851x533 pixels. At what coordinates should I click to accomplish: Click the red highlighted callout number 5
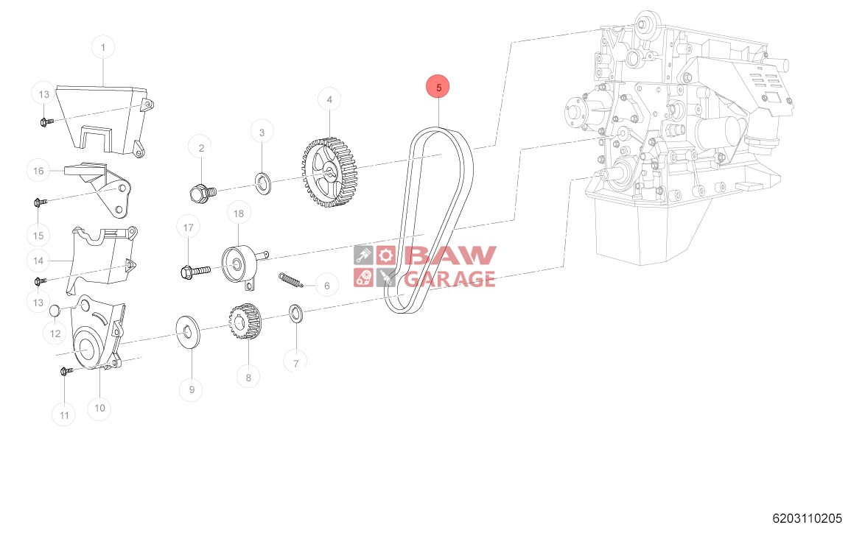pyautogui.click(x=438, y=87)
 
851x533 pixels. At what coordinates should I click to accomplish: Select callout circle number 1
pyautogui.click(x=103, y=48)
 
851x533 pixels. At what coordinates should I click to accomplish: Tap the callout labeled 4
pyautogui.click(x=329, y=99)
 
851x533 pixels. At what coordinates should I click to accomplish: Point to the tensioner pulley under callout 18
pyautogui.click(x=237, y=262)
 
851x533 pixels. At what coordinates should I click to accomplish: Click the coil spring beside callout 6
pyautogui.click(x=291, y=280)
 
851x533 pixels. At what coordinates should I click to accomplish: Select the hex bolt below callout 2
pyautogui.click(x=200, y=193)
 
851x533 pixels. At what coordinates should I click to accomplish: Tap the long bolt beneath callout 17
pyautogui.click(x=194, y=270)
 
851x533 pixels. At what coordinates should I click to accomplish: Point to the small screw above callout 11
pyautogui.click(x=65, y=373)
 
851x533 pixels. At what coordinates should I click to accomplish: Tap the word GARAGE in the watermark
pyautogui.click(x=449, y=279)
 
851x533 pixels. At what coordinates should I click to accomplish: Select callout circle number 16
pyautogui.click(x=38, y=171)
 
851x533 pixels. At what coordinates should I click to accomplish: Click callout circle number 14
pyautogui.click(x=38, y=260)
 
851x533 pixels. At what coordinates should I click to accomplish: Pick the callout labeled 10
pyautogui.click(x=100, y=407)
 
